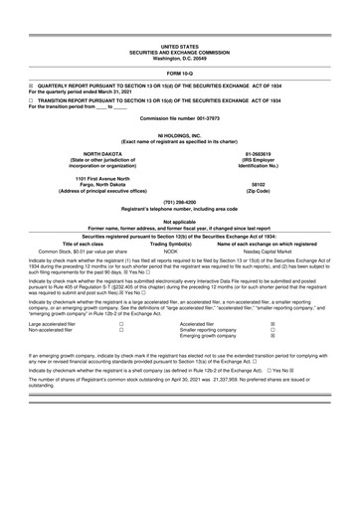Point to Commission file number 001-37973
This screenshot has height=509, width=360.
[180, 118]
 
